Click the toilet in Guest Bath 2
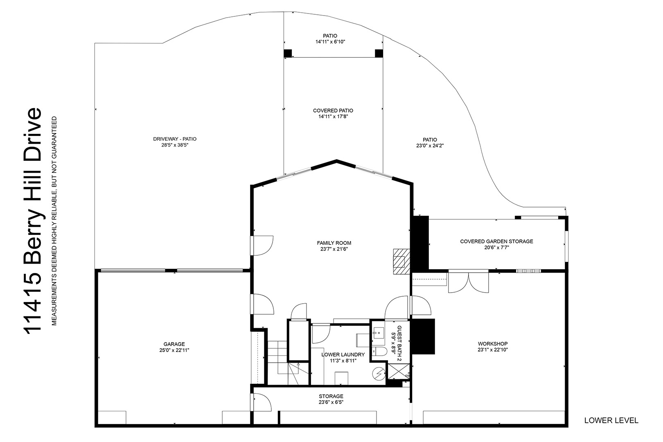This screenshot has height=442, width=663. (x=379, y=352)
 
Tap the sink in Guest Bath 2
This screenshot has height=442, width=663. (x=378, y=333)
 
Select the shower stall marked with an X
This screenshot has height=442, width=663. (x=398, y=371)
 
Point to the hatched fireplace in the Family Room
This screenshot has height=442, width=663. (x=401, y=262)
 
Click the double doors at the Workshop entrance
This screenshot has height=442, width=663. (x=469, y=282)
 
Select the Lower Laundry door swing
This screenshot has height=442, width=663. (x=321, y=334)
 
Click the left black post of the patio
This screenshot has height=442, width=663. (x=288, y=53)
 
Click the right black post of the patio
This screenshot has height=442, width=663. (x=379, y=53)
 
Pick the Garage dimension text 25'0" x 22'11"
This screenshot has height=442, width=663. (x=174, y=350)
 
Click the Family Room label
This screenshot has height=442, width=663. (x=334, y=243)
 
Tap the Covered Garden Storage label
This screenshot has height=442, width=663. (x=496, y=241)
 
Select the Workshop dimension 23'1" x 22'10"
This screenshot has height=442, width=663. (x=492, y=350)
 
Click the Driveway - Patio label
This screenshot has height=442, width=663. (x=175, y=139)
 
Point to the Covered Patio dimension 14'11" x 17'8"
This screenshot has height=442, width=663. (x=333, y=117)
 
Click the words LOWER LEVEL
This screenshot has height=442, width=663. (x=611, y=420)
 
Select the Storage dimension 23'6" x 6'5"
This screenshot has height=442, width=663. (x=331, y=402)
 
